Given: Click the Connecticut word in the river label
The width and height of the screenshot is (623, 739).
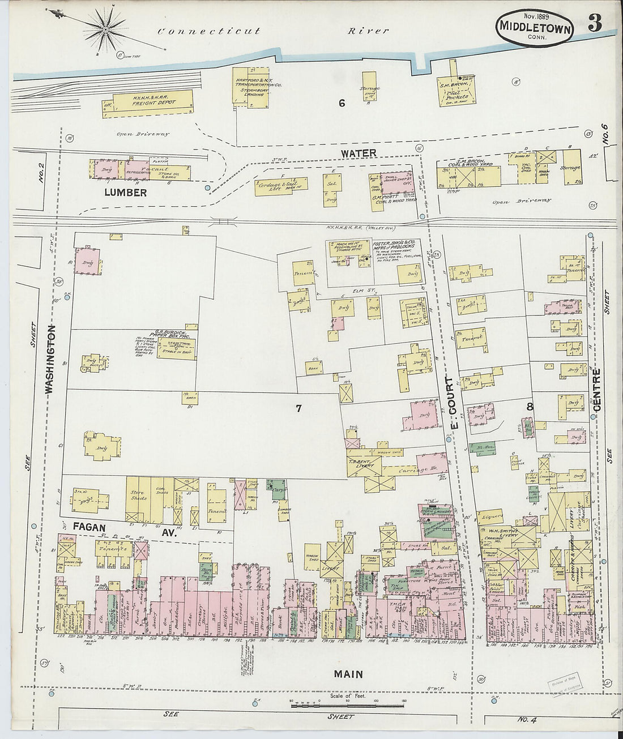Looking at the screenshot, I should [x=209, y=31].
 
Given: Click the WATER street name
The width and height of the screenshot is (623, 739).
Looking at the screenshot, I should [x=358, y=153].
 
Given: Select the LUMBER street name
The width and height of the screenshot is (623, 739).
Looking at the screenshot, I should [x=125, y=193].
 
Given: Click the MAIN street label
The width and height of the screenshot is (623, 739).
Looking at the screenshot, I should [x=348, y=674].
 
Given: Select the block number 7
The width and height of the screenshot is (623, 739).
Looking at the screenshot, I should [x=299, y=408].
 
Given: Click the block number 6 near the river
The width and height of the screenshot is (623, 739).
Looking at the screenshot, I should [x=342, y=102].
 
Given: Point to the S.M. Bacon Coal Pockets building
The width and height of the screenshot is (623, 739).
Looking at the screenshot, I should [x=458, y=91].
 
